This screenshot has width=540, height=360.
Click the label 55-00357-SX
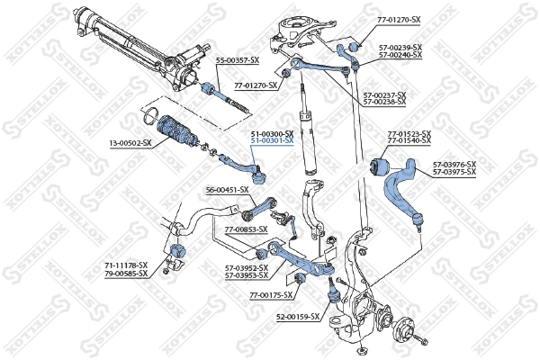point(237,60)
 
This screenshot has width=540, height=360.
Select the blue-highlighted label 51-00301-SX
point(272,141)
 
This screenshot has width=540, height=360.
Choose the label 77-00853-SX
point(246,229)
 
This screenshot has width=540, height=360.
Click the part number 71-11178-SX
point(126,265)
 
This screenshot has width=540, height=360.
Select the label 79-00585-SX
point(126,274)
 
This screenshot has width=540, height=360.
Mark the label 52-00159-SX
point(298,317)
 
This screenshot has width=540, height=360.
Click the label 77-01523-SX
point(409,135)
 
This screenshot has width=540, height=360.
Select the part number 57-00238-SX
point(383,102)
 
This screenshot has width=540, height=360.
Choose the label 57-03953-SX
point(247,275)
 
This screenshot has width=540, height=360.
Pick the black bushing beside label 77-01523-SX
point(380,166)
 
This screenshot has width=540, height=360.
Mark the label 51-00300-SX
point(272,133)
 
